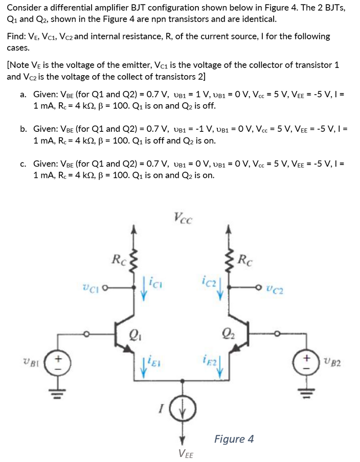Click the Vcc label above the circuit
(x=183, y=219)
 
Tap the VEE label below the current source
(x=185, y=453)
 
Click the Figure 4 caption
(x=234, y=438)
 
